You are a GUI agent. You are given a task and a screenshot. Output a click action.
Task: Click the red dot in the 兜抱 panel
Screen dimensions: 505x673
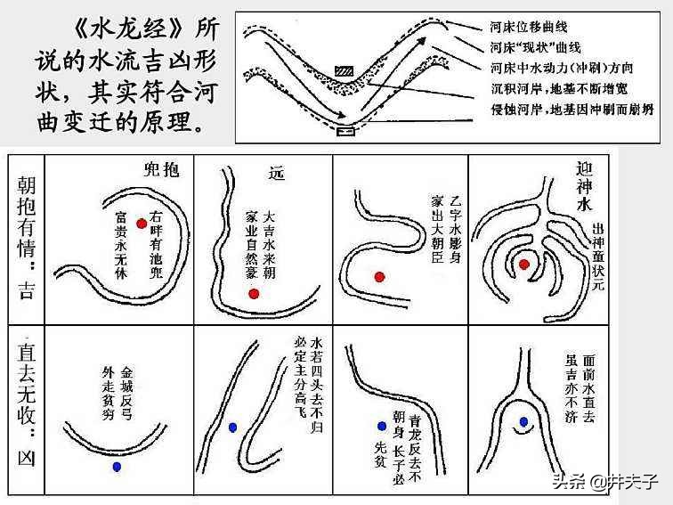(142, 224)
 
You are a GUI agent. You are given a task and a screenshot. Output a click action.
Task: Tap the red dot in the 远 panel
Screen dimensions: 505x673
(254, 294)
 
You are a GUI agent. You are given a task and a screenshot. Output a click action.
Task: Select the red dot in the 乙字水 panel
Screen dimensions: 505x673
(380, 277)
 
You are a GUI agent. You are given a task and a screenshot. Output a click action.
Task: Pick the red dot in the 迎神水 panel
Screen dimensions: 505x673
(524, 264)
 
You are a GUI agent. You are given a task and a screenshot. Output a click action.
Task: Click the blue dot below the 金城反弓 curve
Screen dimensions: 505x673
(117, 466)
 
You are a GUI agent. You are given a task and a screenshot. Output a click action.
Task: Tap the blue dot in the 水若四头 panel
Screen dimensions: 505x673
(232, 427)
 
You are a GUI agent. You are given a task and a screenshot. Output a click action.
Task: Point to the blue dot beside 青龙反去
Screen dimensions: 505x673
(381, 426)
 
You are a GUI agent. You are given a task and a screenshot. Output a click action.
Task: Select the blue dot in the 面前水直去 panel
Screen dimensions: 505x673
(523, 421)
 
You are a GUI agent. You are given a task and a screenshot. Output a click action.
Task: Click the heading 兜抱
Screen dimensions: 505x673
(161, 170)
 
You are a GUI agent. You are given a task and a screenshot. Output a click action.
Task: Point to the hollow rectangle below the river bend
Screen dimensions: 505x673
(345, 132)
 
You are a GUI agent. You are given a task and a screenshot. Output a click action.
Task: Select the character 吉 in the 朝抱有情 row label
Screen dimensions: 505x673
(26, 289)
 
